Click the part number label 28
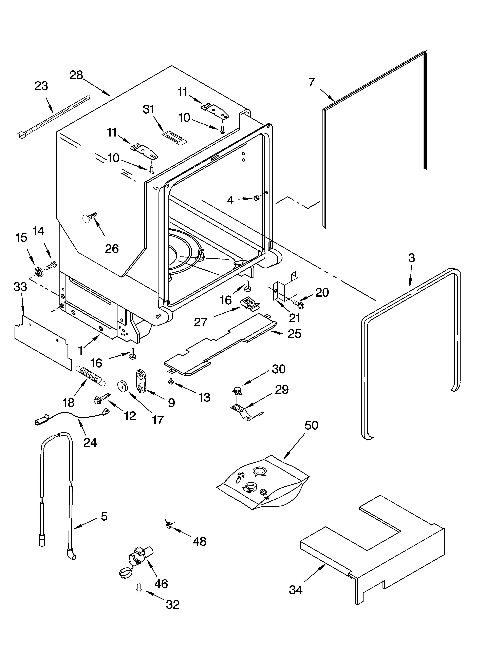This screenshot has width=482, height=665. pyautogui.click(x=76, y=75)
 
